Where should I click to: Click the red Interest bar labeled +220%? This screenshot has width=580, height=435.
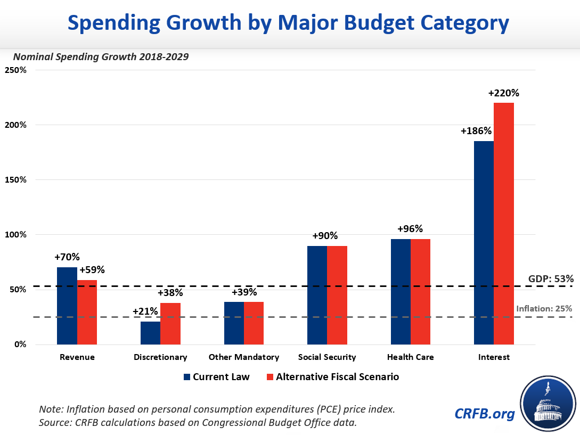(x=503, y=224)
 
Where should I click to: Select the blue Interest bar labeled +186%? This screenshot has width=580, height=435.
(x=484, y=243)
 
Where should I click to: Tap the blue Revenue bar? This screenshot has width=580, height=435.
(x=67, y=306)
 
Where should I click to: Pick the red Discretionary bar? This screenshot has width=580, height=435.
(x=170, y=324)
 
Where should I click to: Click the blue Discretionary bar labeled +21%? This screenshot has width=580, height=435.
(x=150, y=333)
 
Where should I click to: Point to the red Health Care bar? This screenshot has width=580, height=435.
(x=420, y=292)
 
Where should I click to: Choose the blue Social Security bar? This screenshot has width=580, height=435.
(x=317, y=295)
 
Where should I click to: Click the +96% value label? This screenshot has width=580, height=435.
(x=410, y=229)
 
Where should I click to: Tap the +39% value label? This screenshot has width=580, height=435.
(x=244, y=292)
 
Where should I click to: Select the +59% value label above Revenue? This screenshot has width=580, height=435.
(x=92, y=269)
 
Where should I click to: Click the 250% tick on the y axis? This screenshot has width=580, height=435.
(x=16, y=70)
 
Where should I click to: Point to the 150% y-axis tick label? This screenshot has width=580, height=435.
(x=16, y=180)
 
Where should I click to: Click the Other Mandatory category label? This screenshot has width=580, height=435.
(x=244, y=357)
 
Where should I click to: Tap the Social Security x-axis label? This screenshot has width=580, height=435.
(x=327, y=357)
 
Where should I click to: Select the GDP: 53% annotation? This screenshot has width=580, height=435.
(x=551, y=278)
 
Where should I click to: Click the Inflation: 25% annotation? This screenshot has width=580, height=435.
(x=544, y=308)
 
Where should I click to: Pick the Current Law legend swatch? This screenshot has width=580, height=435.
(x=186, y=377)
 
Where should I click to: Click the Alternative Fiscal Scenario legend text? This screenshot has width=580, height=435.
(x=337, y=377)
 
